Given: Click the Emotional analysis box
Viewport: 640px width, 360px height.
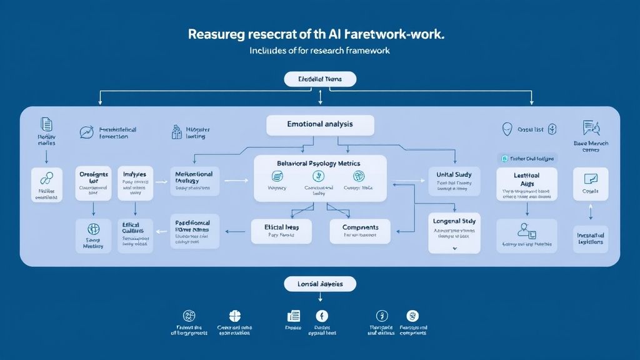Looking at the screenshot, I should pyautogui.click(x=320, y=124).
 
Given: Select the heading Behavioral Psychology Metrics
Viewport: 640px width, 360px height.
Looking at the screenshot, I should pyautogui.click(x=319, y=163).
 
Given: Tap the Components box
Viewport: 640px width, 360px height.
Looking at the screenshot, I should pyautogui.click(x=359, y=231).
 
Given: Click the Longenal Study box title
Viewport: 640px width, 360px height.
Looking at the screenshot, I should pyautogui.click(x=455, y=221).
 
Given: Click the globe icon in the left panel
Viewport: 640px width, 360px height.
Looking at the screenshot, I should pyautogui.click(x=94, y=229).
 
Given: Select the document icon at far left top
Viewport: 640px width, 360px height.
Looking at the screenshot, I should pyautogui.click(x=46, y=124).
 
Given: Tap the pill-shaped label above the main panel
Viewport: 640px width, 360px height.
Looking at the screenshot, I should pyautogui.click(x=320, y=79).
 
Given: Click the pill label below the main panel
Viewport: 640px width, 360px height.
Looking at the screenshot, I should pyautogui.click(x=320, y=284).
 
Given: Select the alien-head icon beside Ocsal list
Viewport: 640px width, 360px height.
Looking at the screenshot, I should pyautogui.click(x=507, y=129).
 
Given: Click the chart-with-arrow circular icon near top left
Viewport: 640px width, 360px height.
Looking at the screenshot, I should pyautogui.click(x=86, y=131).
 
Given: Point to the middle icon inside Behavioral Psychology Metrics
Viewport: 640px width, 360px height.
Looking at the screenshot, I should pyautogui.click(x=319, y=177).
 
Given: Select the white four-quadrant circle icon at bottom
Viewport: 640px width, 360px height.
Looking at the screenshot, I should pyautogui.click(x=235, y=316).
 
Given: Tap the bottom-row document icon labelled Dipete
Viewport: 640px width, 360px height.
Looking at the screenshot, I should pyautogui.click(x=293, y=316).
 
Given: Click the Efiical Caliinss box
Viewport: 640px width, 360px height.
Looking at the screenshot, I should pyautogui.click(x=136, y=236).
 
